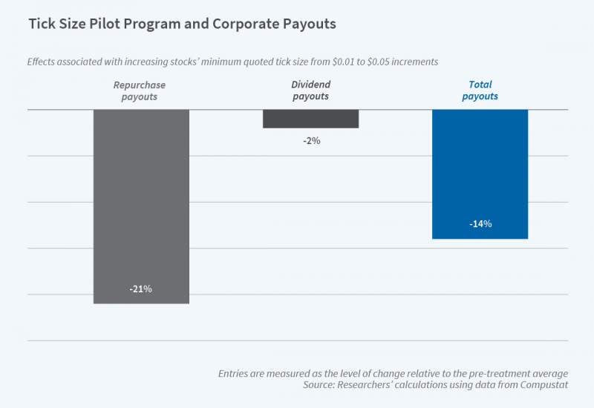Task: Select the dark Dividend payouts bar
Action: (x=311, y=119)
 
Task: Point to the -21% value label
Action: (x=140, y=289)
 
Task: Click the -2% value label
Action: (x=311, y=140)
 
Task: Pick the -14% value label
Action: (x=480, y=223)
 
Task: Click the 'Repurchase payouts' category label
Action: (x=140, y=91)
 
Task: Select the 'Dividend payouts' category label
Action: (x=311, y=91)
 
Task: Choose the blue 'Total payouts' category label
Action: (x=480, y=91)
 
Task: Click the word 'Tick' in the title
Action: (x=42, y=24)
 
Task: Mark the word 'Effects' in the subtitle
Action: (x=45, y=62)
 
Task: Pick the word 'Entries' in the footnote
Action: (x=235, y=373)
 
